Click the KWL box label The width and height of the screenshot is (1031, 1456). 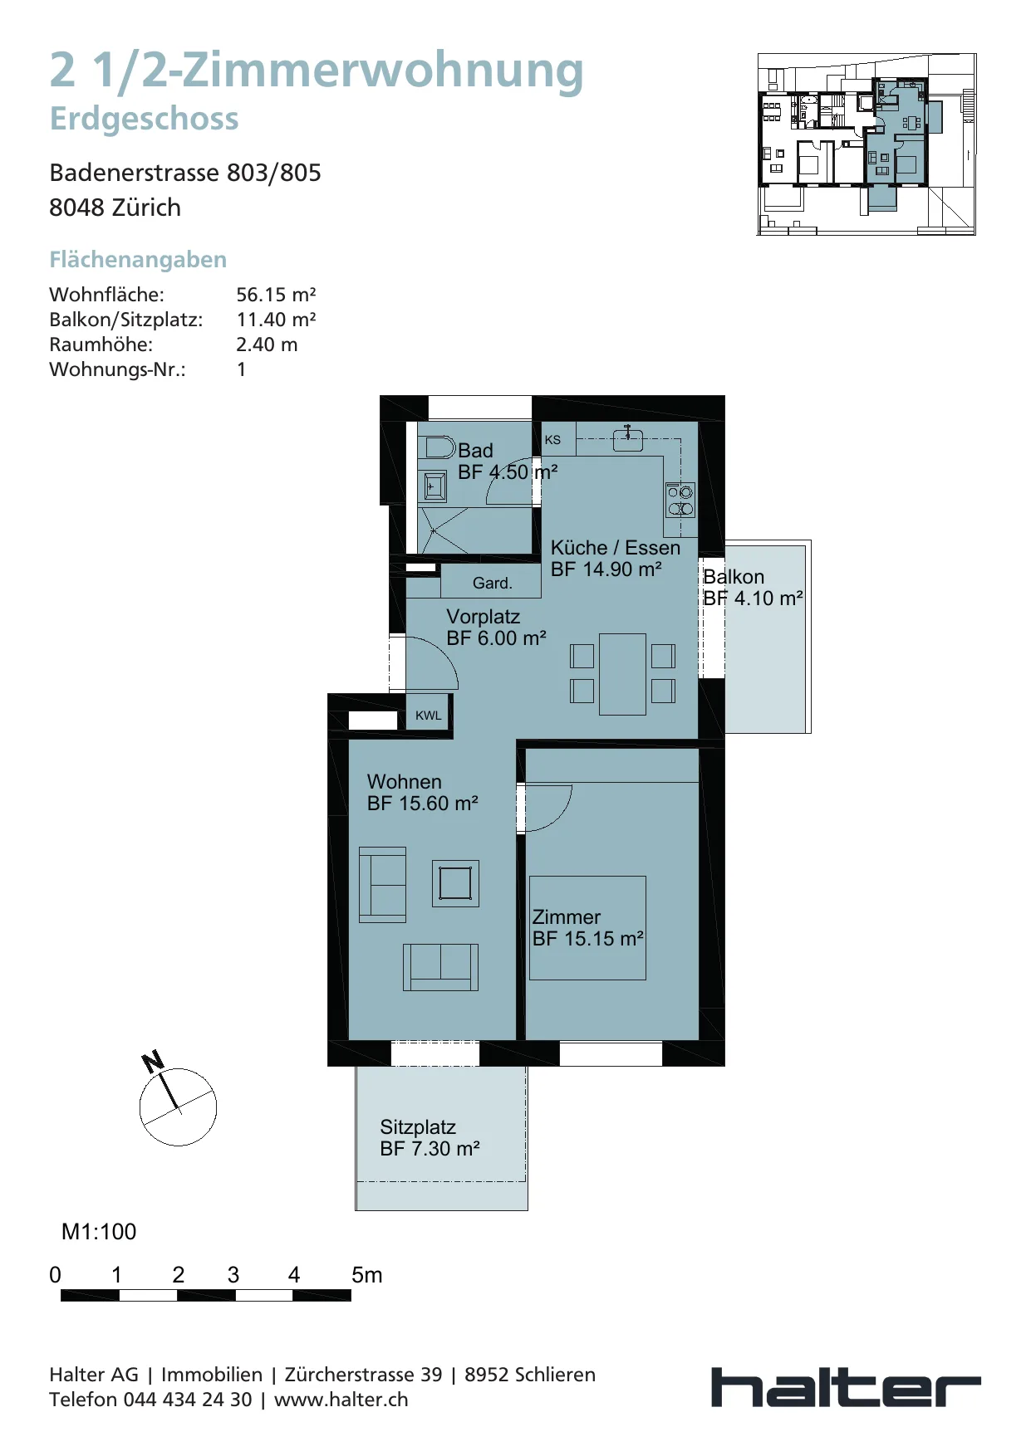coord(429,716)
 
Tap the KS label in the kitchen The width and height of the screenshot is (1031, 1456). coord(552,440)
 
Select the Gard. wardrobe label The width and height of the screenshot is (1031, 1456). coord(493,584)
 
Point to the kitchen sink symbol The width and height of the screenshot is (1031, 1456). coord(628,438)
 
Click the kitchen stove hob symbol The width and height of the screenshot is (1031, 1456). coord(680,500)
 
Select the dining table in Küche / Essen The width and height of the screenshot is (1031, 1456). coord(623,674)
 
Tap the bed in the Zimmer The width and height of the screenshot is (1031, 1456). coord(587,928)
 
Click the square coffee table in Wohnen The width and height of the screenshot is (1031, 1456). coord(455,883)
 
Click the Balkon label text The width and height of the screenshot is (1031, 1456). coord(734,577)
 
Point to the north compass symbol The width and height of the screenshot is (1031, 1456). coord(177,1104)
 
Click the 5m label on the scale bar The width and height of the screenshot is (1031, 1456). coord(367,1275)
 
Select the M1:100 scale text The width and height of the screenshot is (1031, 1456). coord(99,1232)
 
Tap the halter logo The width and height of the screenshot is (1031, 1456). coord(846,1387)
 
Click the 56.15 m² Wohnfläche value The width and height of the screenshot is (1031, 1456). coord(276,295)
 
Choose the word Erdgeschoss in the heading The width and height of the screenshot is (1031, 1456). coord(144,119)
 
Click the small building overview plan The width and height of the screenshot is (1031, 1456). coord(867,144)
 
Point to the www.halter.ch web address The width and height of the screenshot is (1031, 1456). coord(341,1400)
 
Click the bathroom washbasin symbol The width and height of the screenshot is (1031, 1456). coord(434,486)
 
